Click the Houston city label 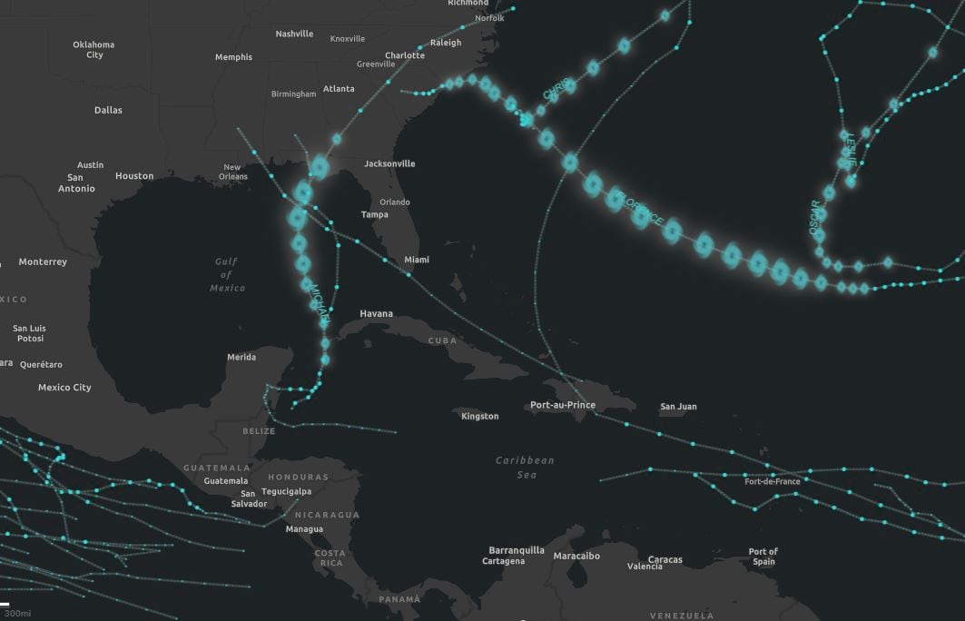click(x=134, y=176)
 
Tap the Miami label click(x=417, y=260)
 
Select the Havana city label click(x=376, y=314)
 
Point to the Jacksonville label click(x=389, y=164)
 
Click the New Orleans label click(x=233, y=172)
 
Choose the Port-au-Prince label click(x=563, y=405)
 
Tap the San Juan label click(x=678, y=407)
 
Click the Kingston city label click(x=479, y=417)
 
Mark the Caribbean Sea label click(x=525, y=468)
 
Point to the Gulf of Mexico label click(x=227, y=274)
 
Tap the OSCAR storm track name click(x=814, y=218)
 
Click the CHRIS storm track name click(x=557, y=89)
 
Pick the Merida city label click(x=241, y=358)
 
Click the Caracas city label click(x=665, y=560)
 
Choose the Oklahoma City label click(x=94, y=49)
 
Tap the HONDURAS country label click(x=298, y=478)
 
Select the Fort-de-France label click(x=773, y=481)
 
